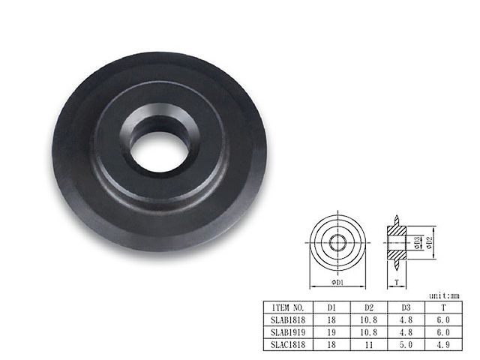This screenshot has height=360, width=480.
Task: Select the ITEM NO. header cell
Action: pyautogui.click(x=288, y=307)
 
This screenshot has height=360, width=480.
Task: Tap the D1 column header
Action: pyautogui.click(x=331, y=307)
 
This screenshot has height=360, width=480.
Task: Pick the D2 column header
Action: pyautogui.click(x=369, y=307)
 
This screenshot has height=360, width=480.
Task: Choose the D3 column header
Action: pyautogui.click(x=406, y=307)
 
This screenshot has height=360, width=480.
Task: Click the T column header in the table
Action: pyautogui.click(x=443, y=307)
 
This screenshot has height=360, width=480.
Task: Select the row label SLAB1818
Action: pyautogui.click(x=288, y=320)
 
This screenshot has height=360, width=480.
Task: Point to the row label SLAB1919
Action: pyautogui.click(x=288, y=332)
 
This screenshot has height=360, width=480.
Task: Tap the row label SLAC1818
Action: pyautogui.click(x=288, y=344)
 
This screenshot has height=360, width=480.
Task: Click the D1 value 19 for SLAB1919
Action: pyautogui.click(x=331, y=332)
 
